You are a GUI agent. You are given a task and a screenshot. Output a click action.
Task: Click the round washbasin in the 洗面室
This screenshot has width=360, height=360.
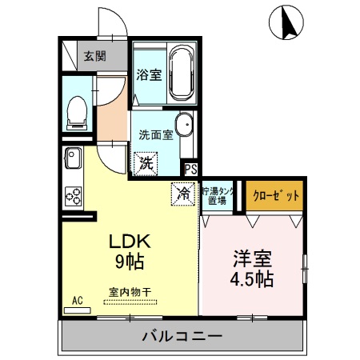coord(184,125)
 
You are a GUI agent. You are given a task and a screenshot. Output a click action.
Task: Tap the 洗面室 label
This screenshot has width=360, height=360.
coord(156,134)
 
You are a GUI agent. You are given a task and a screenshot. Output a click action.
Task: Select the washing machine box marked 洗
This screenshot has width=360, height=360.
coord(146,163)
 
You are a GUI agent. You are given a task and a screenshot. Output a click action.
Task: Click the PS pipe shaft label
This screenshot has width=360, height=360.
coord(191,169)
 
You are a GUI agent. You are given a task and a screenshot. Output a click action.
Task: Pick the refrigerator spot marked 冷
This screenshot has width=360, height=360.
coord(183,193)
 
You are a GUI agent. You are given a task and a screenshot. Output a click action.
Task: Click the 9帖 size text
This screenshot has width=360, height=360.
coord(126,261)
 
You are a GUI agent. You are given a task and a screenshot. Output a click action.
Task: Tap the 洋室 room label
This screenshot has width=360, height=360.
coord(252,259)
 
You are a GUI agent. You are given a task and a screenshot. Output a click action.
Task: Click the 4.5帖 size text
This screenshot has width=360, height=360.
coord(252,279)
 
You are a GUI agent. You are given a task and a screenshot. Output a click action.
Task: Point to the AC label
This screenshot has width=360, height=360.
coord(78,301)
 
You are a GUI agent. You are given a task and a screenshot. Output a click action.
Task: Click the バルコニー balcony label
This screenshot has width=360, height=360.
coord(183,335)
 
